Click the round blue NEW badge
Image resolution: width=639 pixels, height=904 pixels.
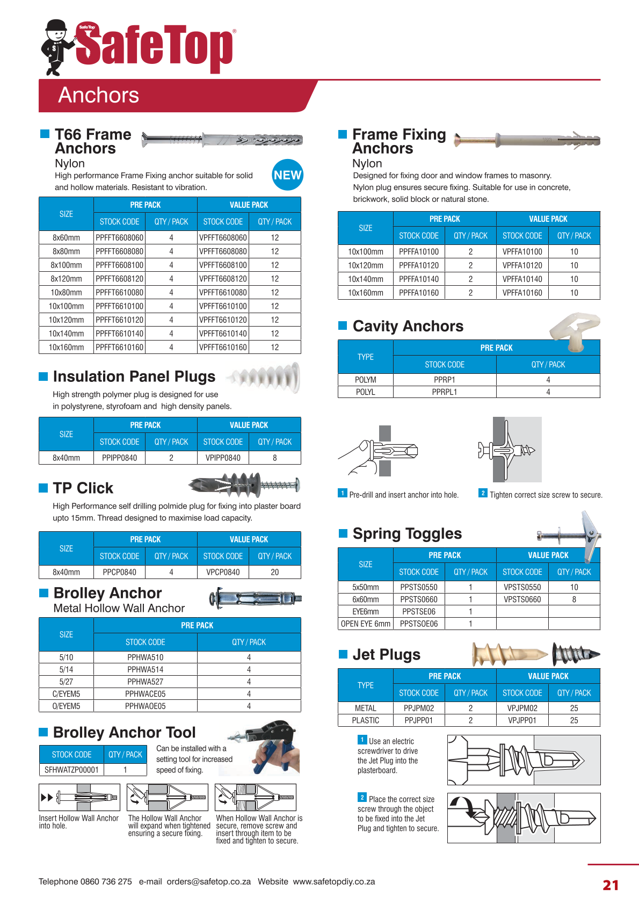(x=287, y=175)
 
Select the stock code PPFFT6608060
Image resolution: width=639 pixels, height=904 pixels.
(x=120, y=237)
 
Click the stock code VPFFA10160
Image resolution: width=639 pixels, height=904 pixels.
(x=522, y=293)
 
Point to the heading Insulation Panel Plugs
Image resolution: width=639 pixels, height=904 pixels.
(x=134, y=377)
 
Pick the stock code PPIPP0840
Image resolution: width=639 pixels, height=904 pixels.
(x=119, y=458)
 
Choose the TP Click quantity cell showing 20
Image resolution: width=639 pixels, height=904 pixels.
(x=274, y=572)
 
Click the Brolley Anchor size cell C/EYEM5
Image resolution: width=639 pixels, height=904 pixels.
(x=66, y=693)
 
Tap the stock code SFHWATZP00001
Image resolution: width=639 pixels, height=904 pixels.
(x=71, y=770)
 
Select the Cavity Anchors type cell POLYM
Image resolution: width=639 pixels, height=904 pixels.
(x=365, y=380)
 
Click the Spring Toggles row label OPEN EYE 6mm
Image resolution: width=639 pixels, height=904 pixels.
(x=365, y=624)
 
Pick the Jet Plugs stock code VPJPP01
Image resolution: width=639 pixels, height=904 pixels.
(x=522, y=720)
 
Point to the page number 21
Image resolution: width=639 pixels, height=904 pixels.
(x=611, y=885)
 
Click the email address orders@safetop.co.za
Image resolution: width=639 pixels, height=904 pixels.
(x=208, y=881)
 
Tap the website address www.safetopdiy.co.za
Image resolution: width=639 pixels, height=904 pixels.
(x=334, y=881)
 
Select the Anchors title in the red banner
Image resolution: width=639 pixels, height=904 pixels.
(x=99, y=95)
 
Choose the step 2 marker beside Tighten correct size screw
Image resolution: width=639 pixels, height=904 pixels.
(x=483, y=493)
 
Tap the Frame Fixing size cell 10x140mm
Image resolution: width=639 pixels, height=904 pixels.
(x=365, y=279)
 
